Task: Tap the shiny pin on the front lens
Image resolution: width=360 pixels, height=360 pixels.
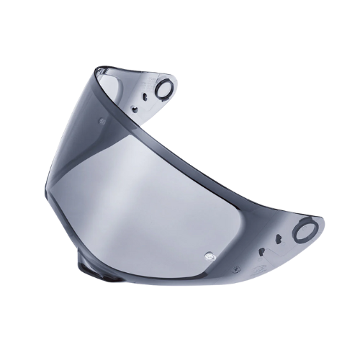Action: click(210, 254)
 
